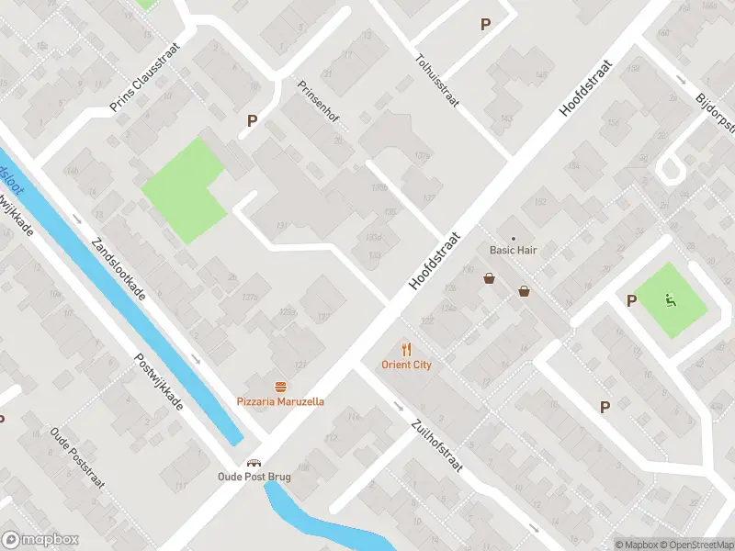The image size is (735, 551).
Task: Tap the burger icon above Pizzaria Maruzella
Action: coord(280,387)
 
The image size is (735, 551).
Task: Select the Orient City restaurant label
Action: coord(406,365)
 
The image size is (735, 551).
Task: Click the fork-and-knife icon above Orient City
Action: coord(406,349)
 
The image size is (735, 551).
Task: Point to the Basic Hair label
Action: coord(513,250)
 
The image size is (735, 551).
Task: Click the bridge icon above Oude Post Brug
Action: coord(254,462)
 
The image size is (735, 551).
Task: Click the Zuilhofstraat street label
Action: coord(437,446)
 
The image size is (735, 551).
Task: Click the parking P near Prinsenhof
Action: coord(252,120)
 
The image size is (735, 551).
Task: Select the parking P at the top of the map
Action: coord(485,25)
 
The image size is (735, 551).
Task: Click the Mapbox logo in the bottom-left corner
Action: coord(40,540)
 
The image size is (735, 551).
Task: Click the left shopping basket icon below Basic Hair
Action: coord(490,278)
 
